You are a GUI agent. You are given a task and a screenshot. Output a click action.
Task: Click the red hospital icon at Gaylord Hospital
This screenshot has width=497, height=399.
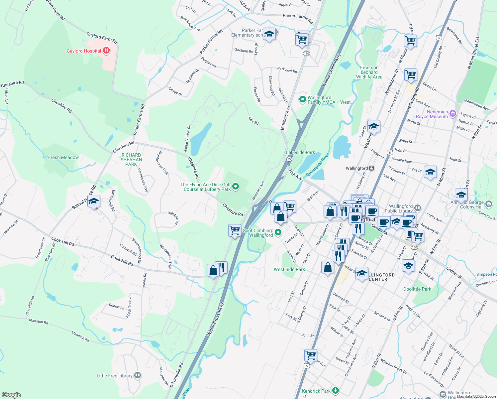(106, 51)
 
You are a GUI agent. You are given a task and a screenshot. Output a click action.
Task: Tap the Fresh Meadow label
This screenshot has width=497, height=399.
(63, 157)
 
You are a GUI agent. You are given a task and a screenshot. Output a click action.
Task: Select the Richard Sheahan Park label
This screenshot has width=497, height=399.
(131, 160)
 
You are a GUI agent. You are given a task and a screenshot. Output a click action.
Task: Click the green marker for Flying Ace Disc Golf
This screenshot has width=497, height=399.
(236, 187)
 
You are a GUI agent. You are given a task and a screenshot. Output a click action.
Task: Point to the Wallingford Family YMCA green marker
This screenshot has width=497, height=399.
(302, 99)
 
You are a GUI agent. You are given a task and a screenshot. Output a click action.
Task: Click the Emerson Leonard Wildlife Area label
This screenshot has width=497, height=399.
(369, 72)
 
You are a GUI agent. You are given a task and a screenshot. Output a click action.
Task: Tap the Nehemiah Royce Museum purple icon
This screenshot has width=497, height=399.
(452, 114)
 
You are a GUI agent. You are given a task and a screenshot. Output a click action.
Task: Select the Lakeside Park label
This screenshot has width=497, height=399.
(300, 152)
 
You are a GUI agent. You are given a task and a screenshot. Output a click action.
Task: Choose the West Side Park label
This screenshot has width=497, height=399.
(289, 269)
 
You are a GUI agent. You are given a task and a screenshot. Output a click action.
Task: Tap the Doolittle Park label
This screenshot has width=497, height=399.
(417, 289)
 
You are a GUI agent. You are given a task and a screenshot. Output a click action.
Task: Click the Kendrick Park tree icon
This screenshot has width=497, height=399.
(336, 390)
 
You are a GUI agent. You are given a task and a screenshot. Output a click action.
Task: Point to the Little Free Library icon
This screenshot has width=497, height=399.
(138, 375)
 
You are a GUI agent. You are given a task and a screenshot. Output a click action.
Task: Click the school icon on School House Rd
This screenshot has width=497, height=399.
(94, 201)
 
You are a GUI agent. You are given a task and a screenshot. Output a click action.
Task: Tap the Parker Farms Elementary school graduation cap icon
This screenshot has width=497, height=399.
(269, 34)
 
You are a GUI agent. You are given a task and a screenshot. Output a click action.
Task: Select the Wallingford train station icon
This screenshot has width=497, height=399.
(372, 168)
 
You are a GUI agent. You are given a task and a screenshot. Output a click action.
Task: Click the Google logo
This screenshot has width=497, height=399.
(11, 395)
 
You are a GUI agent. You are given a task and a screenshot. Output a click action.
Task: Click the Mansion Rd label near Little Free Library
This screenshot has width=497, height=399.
(80, 336)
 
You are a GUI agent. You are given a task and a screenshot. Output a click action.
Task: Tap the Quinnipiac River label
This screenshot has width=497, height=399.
(317, 165)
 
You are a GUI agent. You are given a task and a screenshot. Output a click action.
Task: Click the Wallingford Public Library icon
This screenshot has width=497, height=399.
(418, 208)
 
